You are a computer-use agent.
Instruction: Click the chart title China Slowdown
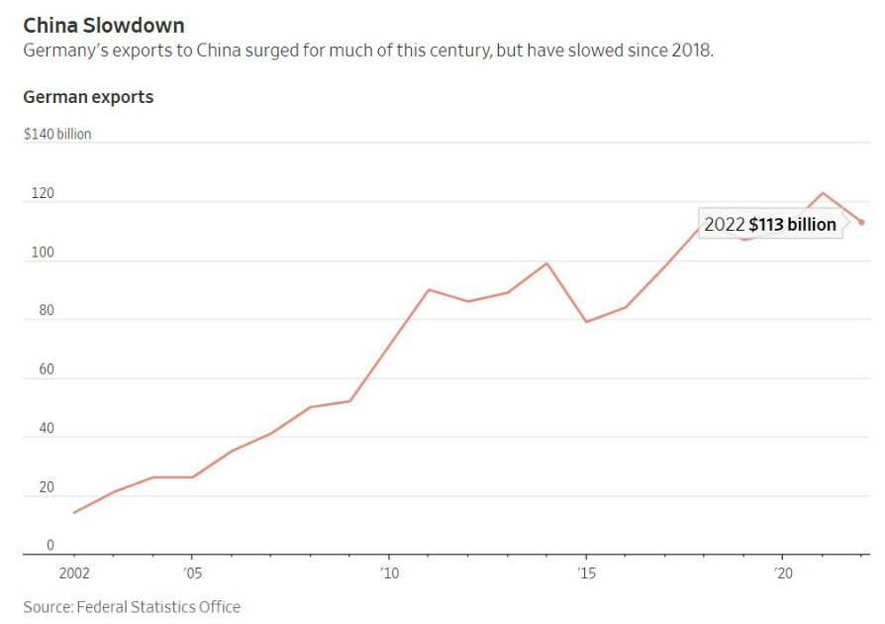(104, 26)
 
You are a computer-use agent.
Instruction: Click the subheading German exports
(88, 97)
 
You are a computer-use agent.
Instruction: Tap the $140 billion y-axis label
(57, 134)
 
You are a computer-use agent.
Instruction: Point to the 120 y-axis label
(43, 193)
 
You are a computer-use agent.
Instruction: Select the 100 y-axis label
(43, 252)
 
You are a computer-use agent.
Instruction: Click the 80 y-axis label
(47, 310)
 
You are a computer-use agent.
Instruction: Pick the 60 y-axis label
(47, 369)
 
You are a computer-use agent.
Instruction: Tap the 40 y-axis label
(47, 428)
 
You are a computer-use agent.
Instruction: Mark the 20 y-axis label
(47, 486)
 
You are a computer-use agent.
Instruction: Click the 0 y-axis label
(50, 545)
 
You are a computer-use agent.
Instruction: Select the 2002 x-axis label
(74, 573)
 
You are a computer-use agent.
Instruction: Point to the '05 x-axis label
(192, 573)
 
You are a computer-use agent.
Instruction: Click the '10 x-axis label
(389, 573)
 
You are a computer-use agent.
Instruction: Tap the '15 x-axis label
(586, 573)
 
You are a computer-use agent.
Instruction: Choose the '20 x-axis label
(783, 573)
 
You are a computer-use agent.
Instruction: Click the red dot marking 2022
(861, 223)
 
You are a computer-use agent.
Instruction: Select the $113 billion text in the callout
(792, 224)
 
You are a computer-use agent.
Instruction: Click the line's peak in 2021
(823, 193)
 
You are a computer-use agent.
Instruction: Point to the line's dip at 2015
(586, 322)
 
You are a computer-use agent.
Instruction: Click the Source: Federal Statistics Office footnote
(132, 607)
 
